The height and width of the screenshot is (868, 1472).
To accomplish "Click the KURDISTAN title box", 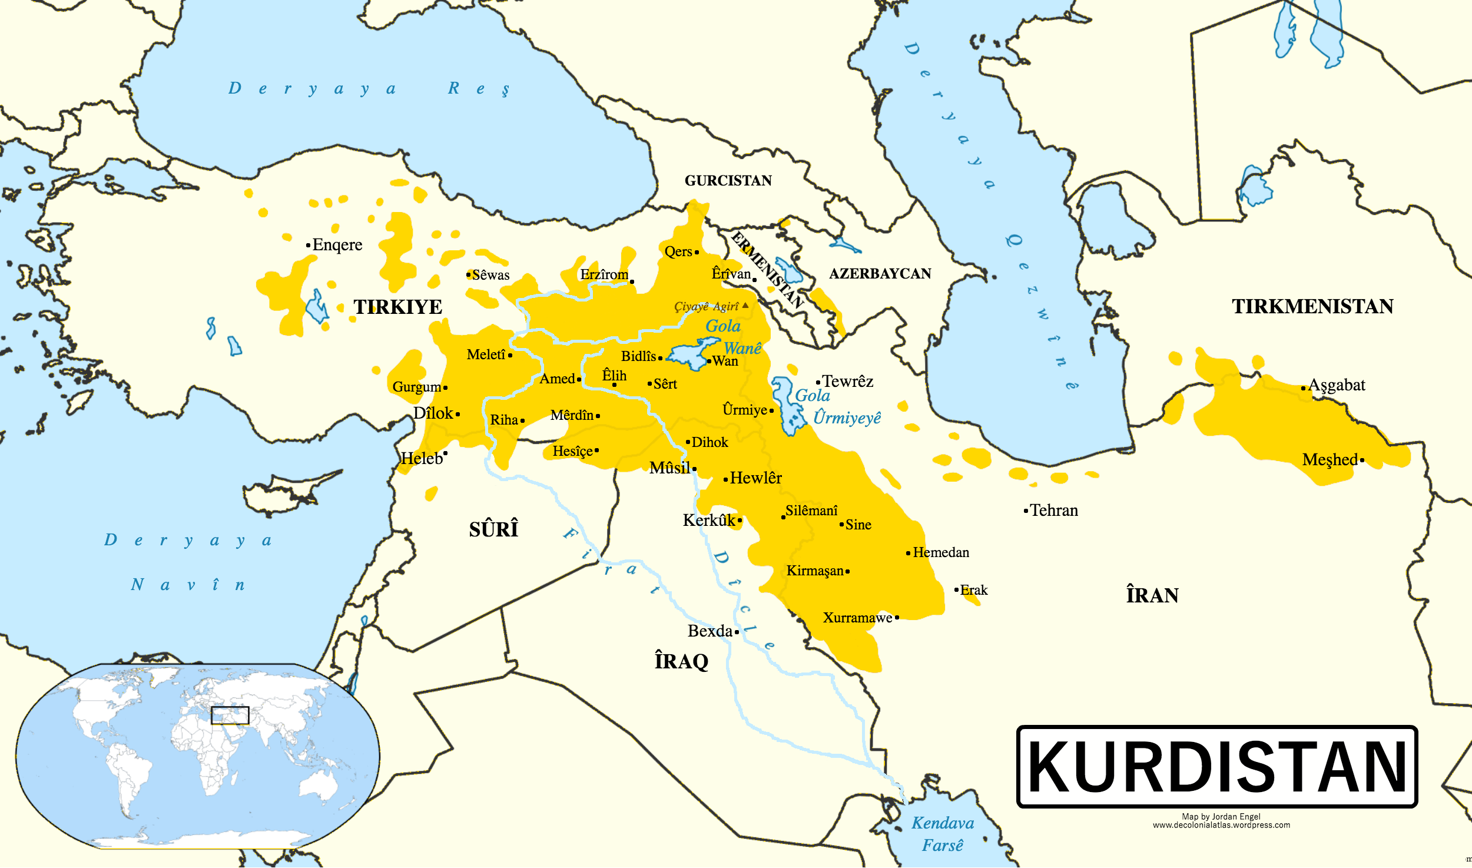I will pyautogui.click(x=1216, y=766).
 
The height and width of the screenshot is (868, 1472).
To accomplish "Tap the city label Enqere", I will pyautogui.click(x=337, y=245).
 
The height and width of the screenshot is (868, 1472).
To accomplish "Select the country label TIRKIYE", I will pyautogui.click(x=397, y=307).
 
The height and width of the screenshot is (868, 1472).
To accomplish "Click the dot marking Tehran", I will pyautogui.click(x=1026, y=511).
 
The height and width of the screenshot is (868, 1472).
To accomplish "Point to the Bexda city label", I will pyautogui.click(x=710, y=631).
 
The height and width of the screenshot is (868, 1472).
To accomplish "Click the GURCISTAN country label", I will pyautogui.click(x=728, y=181).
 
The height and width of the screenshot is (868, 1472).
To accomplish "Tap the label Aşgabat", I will pyautogui.click(x=1337, y=385).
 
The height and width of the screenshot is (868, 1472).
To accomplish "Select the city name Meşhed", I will pyautogui.click(x=1330, y=459).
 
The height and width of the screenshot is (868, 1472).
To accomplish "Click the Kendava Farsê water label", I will pyautogui.click(x=943, y=834).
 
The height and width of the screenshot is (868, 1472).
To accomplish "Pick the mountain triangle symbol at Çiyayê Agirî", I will pyautogui.click(x=745, y=305).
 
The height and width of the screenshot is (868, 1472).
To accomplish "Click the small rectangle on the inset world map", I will pyautogui.click(x=230, y=715).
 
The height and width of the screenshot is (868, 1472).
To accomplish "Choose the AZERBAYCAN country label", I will pyautogui.click(x=880, y=274).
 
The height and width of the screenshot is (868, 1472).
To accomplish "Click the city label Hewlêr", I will pyautogui.click(x=756, y=478).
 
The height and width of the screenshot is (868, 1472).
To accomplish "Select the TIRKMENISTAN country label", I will pyautogui.click(x=1312, y=307).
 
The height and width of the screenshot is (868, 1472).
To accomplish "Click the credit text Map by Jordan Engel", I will pyautogui.click(x=1221, y=816).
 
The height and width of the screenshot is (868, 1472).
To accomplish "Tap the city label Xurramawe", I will pyautogui.click(x=857, y=618).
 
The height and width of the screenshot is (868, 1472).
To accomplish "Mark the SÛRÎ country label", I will pyautogui.click(x=493, y=529).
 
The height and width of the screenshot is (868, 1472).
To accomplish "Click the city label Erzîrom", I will pyautogui.click(x=604, y=274).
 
